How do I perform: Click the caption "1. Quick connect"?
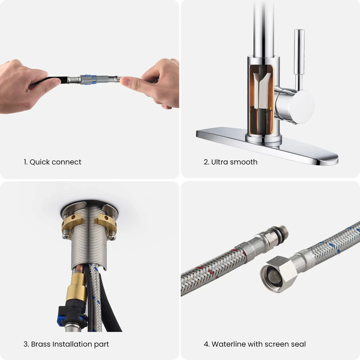coord(53,162)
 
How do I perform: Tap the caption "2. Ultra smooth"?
coord(230,162)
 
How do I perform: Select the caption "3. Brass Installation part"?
coord(66,344)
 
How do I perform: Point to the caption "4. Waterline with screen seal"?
coord(255,344)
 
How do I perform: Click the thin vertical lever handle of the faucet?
coord(299,58)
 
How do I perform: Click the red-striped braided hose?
coord(212,274)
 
